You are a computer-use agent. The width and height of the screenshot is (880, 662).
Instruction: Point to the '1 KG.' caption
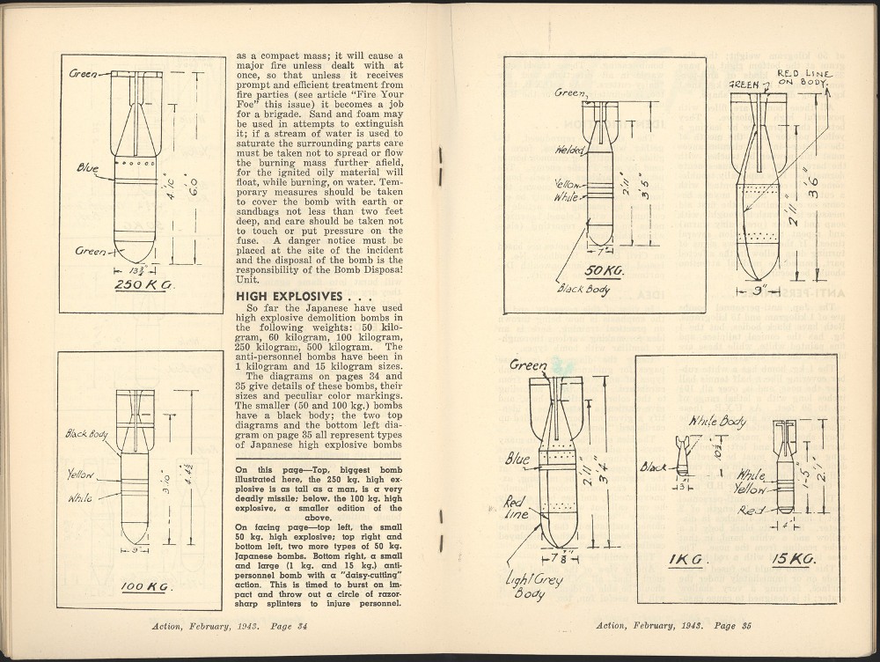(x=686, y=560)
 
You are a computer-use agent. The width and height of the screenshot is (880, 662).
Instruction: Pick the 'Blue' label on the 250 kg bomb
(x=87, y=166)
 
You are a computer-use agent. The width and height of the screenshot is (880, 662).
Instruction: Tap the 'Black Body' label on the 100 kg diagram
(x=86, y=434)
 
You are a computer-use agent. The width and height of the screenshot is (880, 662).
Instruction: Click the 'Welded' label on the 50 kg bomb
(x=568, y=150)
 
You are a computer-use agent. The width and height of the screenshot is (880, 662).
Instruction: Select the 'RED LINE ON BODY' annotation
(x=802, y=77)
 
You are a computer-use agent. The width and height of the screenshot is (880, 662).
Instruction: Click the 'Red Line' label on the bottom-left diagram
(x=517, y=507)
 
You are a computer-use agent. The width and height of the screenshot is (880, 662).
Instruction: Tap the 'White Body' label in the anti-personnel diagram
(x=717, y=421)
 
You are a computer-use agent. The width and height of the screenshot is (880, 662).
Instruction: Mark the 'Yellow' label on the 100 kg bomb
(x=80, y=475)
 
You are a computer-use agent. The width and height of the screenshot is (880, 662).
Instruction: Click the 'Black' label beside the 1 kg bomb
(x=655, y=467)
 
